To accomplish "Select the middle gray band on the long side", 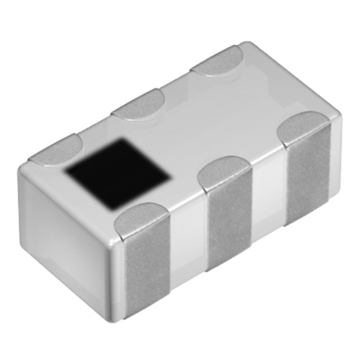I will pos(228,225).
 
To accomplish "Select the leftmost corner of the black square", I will pos(65,168).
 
